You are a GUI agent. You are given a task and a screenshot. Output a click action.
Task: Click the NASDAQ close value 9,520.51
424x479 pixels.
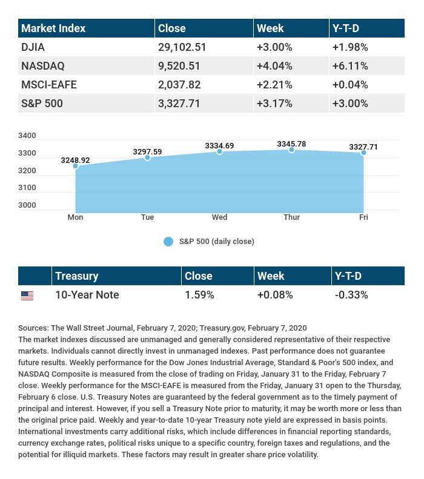pyautogui.click(x=179, y=66)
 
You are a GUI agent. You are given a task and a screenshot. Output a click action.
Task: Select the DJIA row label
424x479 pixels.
pyautogui.click(x=33, y=47)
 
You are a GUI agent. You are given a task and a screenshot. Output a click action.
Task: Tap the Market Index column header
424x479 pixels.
pyautogui.click(x=53, y=28)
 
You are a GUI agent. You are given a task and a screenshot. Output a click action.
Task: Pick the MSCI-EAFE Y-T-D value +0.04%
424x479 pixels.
pyautogui.click(x=349, y=85)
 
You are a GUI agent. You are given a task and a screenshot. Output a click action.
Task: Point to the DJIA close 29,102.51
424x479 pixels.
pyautogui.click(x=182, y=47)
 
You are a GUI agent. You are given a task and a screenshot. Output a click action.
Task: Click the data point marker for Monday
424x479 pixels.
pyautogui.click(x=76, y=166)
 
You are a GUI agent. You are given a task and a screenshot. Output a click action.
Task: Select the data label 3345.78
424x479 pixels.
pyautogui.click(x=291, y=144)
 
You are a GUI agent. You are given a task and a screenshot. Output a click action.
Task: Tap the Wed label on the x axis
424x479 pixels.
pyautogui.click(x=219, y=217)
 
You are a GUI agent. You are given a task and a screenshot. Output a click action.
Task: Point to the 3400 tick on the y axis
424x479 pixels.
pyautogui.click(x=27, y=136)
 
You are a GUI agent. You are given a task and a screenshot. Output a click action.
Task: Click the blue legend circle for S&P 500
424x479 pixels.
pyautogui.click(x=168, y=242)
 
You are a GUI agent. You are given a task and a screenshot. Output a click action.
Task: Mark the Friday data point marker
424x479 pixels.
pyautogui.click(x=363, y=153)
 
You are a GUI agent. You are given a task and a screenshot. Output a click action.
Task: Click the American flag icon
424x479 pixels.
pyautogui.click(x=27, y=296)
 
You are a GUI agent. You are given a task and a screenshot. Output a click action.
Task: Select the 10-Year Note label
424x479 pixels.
pyautogui.click(x=87, y=295)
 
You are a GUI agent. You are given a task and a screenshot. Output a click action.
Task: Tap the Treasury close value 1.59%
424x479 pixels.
pyautogui.click(x=199, y=295)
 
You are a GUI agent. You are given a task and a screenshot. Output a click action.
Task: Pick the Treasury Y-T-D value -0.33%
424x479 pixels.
pyautogui.click(x=351, y=295)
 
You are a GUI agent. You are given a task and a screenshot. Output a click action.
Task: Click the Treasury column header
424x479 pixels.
pyautogui.click(x=76, y=276)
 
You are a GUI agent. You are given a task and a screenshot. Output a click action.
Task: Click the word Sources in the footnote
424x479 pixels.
pyautogui.click(x=33, y=328)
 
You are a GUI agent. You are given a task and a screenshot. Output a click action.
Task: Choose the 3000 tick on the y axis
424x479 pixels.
pyautogui.click(x=27, y=205)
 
